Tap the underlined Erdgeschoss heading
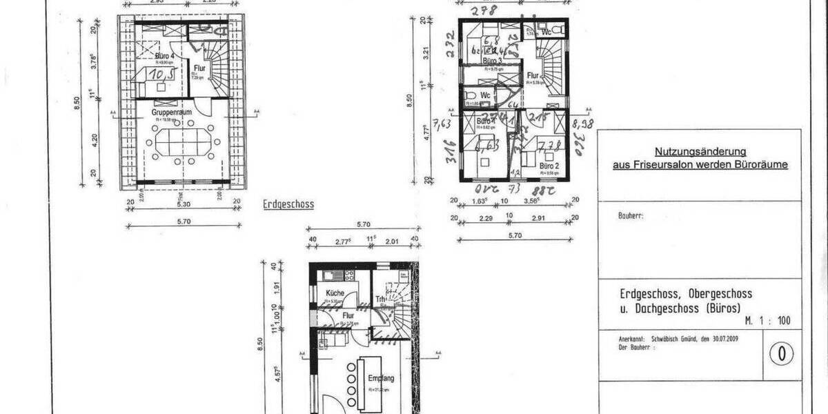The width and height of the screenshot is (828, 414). (x=288, y=204)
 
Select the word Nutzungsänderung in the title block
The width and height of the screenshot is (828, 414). (x=700, y=151)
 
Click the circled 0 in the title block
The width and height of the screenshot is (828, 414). (x=782, y=354)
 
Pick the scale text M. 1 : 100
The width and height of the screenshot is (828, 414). (x=768, y=321)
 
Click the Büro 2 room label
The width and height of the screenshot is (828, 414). (x=548, y=166)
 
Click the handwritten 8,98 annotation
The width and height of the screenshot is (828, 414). (x=583, y=124)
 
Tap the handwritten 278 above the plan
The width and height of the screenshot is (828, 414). (x=484, y=10)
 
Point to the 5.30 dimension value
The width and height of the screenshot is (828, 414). (x=182, y=205)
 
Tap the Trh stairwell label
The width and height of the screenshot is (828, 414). (x=379, y=299)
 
